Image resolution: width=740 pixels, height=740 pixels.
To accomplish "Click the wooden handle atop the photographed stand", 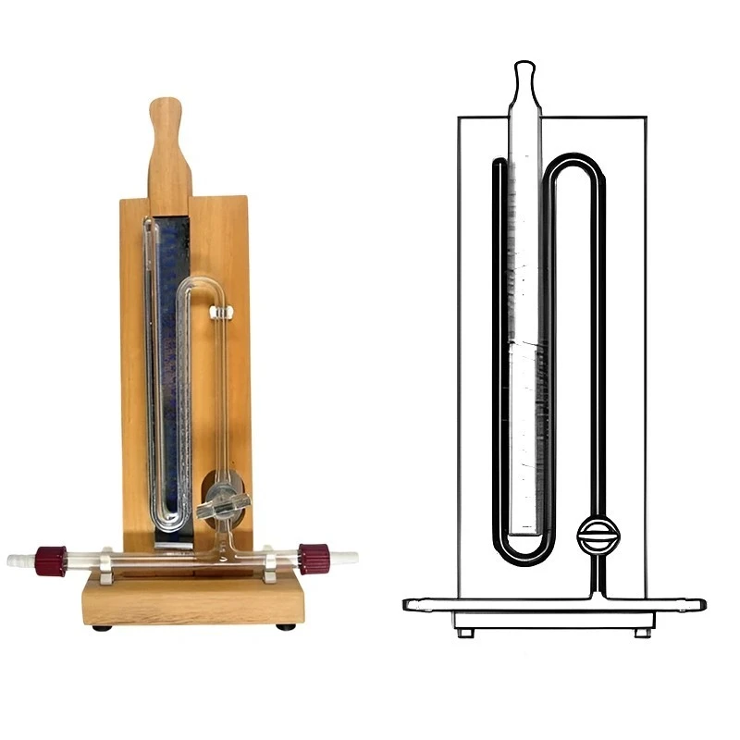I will [x=168, y=148].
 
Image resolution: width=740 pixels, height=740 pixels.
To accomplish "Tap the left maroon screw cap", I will [x=51, y=561].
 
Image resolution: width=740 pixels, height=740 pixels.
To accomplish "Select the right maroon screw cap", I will [x=314, y=559].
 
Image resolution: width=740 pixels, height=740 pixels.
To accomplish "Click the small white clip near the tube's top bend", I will [x=220, y=314].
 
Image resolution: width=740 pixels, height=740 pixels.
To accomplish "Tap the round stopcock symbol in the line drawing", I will [x=598, y=535].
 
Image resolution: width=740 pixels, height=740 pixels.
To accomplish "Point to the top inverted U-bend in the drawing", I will [x=573, y=164].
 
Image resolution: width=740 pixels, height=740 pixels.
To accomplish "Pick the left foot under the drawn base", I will [x=465, y=633].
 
